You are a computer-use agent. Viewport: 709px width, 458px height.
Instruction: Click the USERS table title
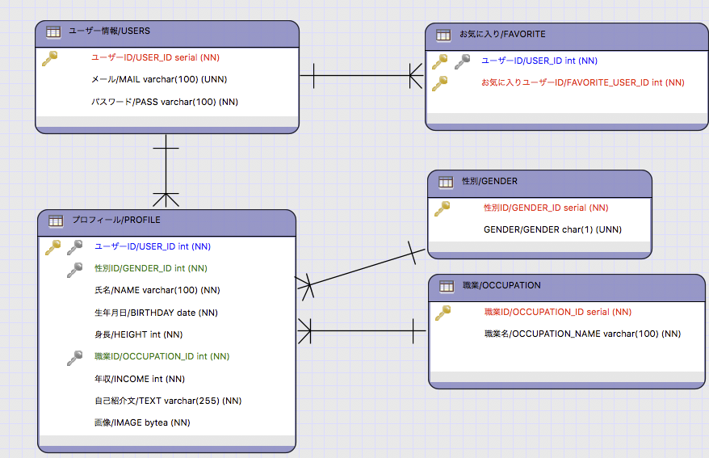(109, 32)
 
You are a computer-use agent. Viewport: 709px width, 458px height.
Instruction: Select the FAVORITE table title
(502, 34)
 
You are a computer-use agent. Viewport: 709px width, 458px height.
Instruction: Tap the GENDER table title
(489, 182)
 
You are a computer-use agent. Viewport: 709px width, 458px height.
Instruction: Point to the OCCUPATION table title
(501, 286)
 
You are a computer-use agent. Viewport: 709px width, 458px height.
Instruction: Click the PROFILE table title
(115, 220)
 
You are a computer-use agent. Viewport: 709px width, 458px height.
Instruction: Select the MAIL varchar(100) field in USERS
(158, 79)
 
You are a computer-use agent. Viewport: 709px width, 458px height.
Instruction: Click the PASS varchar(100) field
(165, 102)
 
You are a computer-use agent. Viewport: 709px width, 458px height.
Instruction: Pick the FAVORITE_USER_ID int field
(582, 82)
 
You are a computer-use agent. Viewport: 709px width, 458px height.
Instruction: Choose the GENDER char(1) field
(552, 229)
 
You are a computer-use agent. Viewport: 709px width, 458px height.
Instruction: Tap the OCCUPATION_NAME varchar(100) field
(582, 334)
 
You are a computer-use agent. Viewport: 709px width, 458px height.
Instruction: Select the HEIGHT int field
(138, 334)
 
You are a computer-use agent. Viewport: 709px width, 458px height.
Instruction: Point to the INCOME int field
(140, 379)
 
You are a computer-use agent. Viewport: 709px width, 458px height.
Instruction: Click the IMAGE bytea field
(142, 422)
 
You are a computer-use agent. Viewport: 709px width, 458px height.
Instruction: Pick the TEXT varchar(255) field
(168, 401)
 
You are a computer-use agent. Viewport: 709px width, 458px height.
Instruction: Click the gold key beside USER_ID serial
(50, 58)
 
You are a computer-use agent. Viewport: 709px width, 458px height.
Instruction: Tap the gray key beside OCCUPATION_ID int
(75, 356)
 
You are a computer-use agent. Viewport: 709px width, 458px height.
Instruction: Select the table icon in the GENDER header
(445, 183)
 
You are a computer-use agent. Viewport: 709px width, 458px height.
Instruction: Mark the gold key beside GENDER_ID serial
(442, 208)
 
